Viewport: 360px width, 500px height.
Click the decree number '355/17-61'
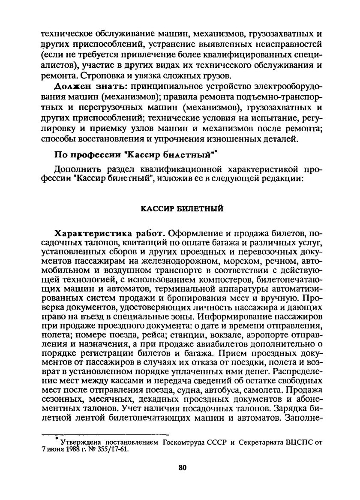point(113,449)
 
